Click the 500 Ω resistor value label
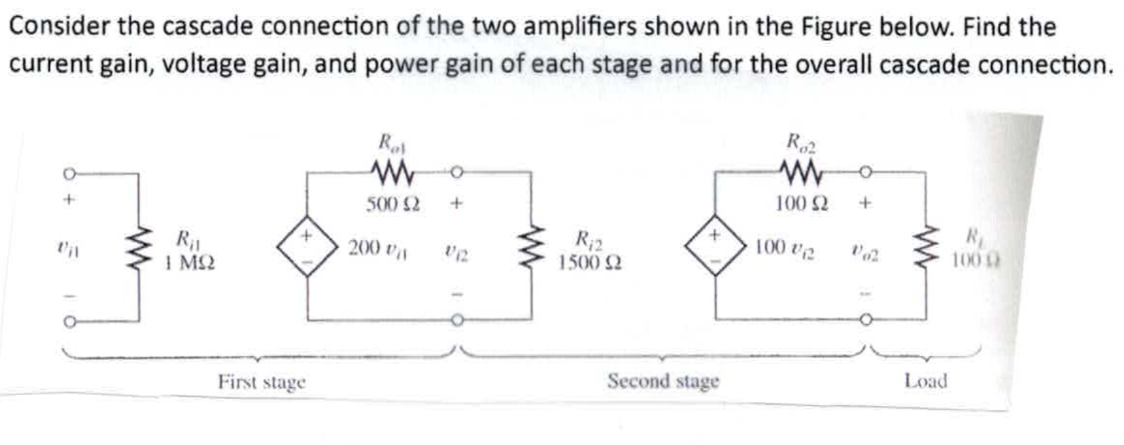392,204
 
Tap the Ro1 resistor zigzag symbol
393,174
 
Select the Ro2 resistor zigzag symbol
802,174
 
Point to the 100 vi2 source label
785,248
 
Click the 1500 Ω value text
590,263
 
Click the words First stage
262,383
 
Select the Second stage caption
663,381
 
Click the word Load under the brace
925,381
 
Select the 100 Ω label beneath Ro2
801,204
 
